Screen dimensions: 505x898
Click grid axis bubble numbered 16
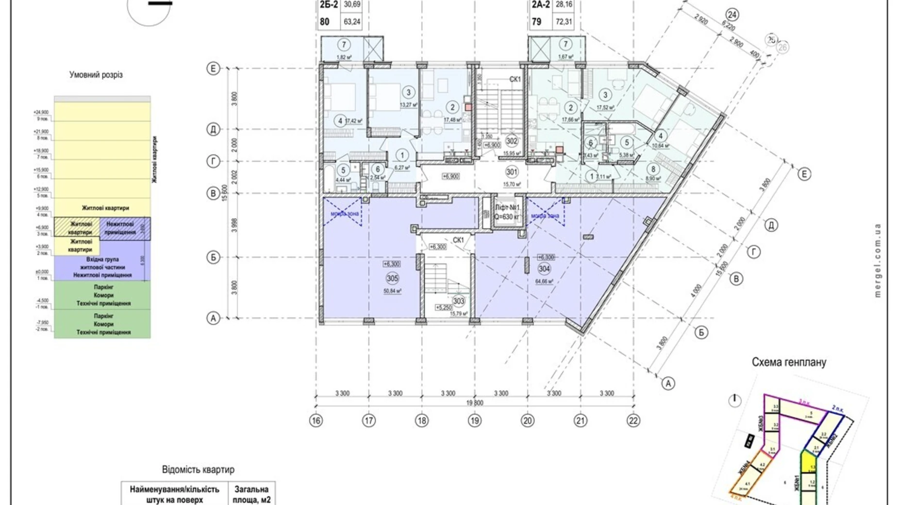(316, 421)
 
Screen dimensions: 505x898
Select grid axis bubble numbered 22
(633, 421)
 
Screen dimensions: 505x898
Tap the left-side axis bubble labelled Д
(213, 129)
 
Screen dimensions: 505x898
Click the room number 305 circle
(392, 278)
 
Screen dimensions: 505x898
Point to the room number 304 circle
(544, 269)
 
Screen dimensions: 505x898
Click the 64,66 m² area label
(544, 281)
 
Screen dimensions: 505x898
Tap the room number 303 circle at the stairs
(458, 301)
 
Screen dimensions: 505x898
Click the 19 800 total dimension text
(474, 403)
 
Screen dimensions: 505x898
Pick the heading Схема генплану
(788, 362)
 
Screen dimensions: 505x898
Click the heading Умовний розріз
(96, 75)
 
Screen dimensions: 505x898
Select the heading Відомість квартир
(198, 470)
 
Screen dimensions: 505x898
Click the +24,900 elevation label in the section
(41, 112)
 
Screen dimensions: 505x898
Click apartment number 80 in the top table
(324, 22)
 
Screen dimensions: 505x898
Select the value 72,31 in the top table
(564, 22)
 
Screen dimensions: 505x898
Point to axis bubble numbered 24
(732, 15)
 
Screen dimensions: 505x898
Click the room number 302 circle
(511, 141)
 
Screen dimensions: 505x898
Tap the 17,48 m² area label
(452, 120)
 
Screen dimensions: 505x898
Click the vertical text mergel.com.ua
(877, 260)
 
